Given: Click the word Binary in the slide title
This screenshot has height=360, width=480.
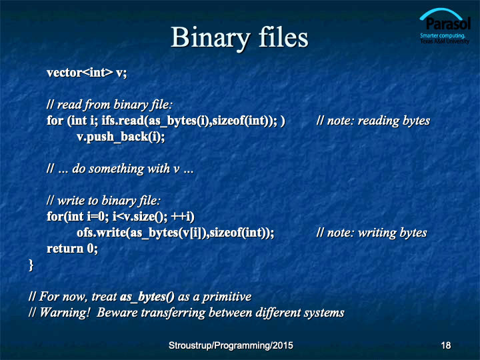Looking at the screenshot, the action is click(x=210, y=38).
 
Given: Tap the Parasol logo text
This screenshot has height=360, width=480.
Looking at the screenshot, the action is click(x=448, y=23).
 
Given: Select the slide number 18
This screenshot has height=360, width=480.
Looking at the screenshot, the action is click(x=446, y=345).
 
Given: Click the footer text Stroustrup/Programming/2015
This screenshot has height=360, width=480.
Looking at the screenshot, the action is click(x=231, y=345).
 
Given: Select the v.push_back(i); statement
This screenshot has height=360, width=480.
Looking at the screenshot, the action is click(x=121, y=137).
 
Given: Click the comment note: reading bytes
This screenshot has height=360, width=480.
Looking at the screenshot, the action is click(x=379, y=121).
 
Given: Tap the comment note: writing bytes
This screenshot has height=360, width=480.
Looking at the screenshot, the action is click(x=377, y=233).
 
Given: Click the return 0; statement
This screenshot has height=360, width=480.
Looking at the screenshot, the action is click(x=72, y=248).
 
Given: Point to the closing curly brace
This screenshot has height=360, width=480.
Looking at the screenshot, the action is click(x=31, y=265).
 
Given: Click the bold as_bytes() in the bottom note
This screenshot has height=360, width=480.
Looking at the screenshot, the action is click(x=147, y=297).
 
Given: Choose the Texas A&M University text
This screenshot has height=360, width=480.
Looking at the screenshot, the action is click(x=445, y=41).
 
